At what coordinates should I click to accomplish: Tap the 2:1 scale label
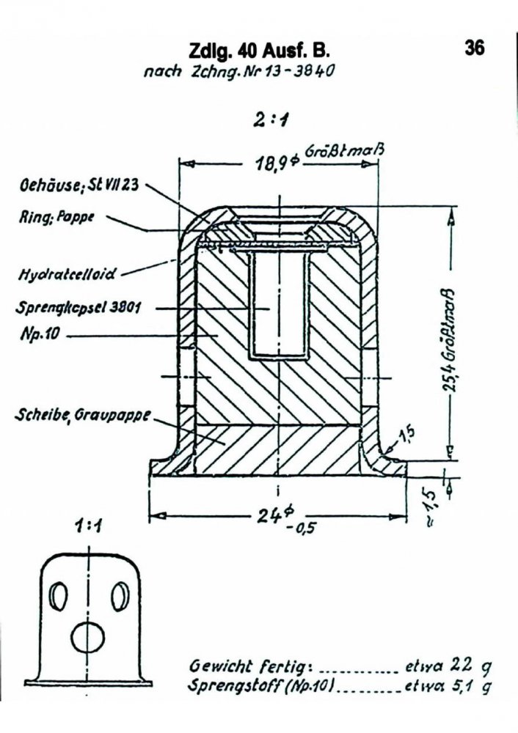tap(271, 119)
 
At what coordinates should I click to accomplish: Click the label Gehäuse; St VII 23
tap(79, 185)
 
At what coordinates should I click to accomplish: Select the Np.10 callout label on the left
tap(40, 334)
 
